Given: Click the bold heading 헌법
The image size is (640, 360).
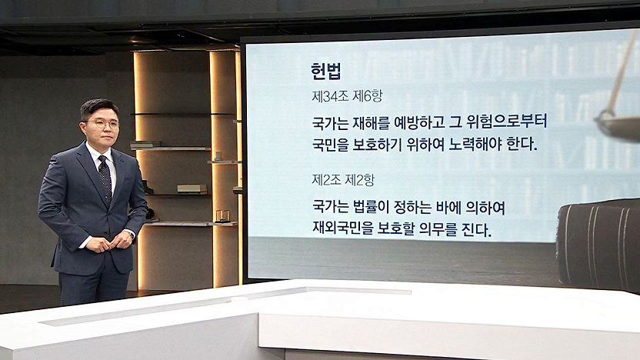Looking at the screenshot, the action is coord(325,72).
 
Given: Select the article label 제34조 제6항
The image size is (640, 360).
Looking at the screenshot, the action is coord(347,96).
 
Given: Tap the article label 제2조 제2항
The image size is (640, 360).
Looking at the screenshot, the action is coord(343,180).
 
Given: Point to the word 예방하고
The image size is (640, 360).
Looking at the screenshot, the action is coord(418,122).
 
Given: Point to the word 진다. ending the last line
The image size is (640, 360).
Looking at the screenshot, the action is coord(478,229).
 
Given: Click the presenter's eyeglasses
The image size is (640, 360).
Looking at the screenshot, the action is coord(103,123).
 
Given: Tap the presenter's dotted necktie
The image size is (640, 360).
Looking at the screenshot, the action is coord(105,178).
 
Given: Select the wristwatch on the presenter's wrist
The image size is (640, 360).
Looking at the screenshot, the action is coord(130,233).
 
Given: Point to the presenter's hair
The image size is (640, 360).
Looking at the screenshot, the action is coord(98,108).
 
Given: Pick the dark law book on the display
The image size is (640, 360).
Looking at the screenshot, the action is coord(598,245).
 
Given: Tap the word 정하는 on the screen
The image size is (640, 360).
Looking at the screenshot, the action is coord(412,208).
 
